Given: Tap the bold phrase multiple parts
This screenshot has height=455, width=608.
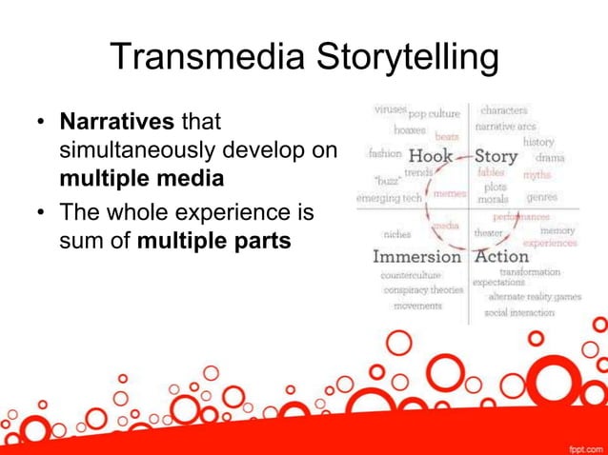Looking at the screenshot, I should (x=214, y=241).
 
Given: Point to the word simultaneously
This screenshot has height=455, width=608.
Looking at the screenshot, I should (x=136, y=151).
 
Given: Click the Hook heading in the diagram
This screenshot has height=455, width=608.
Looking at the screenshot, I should (x=430, y=155).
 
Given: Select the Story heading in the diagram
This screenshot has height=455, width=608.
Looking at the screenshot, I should (x=496, y=155).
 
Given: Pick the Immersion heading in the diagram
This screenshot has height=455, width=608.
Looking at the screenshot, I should (x=416, y=256).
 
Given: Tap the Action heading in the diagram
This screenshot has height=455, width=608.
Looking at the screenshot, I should (x=501, y=256).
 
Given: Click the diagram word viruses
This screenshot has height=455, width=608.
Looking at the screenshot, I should (x=391, y=109).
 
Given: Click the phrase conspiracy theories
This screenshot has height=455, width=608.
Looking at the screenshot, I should (x=423, y=289).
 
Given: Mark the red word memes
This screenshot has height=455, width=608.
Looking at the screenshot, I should (x=449, y=192).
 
